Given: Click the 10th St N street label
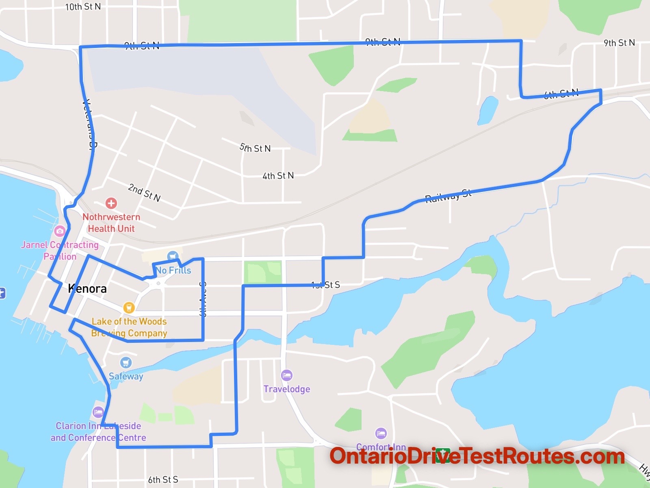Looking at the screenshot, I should pyautogui.click(x=83, y=7).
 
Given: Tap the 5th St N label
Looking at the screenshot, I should pyautogui.click(x=255, y=148).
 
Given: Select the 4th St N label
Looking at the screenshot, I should pyautogui.click(x=278, y=176).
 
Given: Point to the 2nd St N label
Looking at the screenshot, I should pyautogui.click(x=144, y=193).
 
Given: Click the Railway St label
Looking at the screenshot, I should pyautogui.click(x=448, y=196).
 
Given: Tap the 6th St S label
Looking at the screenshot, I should pyautogui.click(x=163, y=480).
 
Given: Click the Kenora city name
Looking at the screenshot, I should pyautogui.click(x=87, y=289).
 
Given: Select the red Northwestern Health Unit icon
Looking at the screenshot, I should pyautogui.click(x=111, y=203).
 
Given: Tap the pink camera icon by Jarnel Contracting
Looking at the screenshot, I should pyautogui.click(x=60, y=231).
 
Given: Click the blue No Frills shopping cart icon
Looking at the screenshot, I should pyautogui.click(x=173, y=256).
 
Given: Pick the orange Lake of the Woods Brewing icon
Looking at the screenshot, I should pyautogui.click(x=129, y=307).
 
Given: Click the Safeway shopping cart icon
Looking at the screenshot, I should pyautogui.click(x=126, y=362).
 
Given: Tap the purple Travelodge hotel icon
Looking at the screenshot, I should pyautogui.click(x=287, y=375).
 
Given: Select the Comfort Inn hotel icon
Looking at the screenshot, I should pyautogui.click(x=381, y=434).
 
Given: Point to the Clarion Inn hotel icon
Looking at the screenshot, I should pyautogui.click(x=98, y=412).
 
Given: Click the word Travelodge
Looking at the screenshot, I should pyautogui.click(x=287, y=389).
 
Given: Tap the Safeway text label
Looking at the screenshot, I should pyautogui.click(x=126, y=376).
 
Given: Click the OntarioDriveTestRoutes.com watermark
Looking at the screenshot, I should pyautogui.click(x=477, y=456).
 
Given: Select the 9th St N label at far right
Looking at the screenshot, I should pyautogui.click(x=619, y=43).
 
